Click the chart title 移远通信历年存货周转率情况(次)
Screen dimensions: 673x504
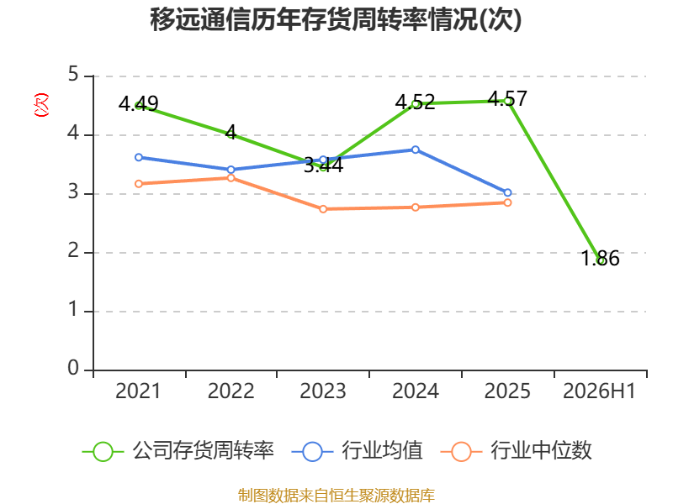[x=336, y=19]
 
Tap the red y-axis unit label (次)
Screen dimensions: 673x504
[x=41, y=105]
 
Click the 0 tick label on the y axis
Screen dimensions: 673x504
[x=73, y=368]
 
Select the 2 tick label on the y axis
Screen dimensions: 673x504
[x=73, y=250]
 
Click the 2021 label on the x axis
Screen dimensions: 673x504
[x=138, y=391]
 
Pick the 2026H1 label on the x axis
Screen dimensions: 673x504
[x=599, y=391]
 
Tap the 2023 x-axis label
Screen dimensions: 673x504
[x=323, y=391]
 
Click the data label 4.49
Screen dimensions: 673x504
[x=139, y=103]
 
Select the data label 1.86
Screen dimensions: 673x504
[x=600, y=259]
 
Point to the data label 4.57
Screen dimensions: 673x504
[x=507, y=99]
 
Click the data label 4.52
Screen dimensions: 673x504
[x=415, y=102]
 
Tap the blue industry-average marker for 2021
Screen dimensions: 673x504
[x=139, y=158]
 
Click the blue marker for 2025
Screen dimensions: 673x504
[x=507, y=193]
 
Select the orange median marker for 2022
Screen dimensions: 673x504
[x=231, y=178]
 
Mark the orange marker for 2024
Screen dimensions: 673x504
[x=415, y=207]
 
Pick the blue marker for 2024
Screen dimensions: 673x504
[x=415, y=150]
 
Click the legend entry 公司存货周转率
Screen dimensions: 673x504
[x=178, y=451]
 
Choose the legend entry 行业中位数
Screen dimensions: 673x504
[x=517, y=451]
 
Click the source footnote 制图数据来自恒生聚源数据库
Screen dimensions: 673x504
[x=336, y=496]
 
